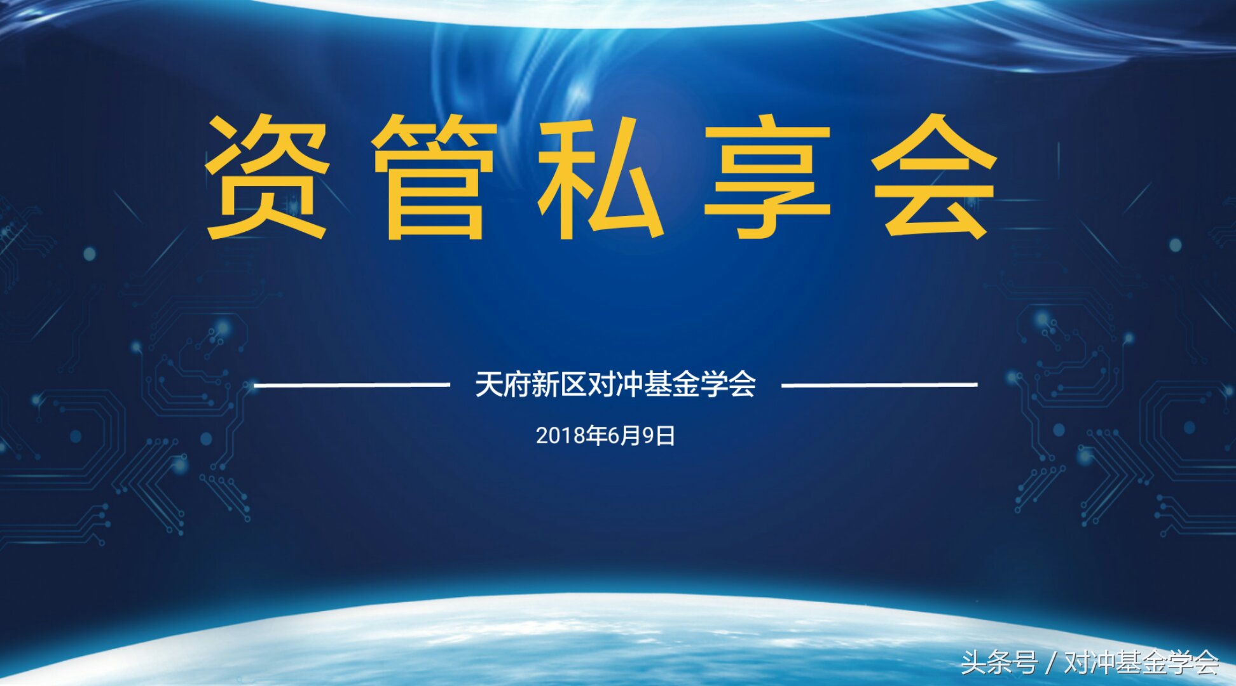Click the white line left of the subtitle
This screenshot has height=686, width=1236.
click(x=352, y=384)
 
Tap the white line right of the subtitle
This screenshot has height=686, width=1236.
click(x=879, y=384)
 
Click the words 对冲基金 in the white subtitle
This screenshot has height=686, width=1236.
click(x=643, y=384)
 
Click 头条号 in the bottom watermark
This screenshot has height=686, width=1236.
click(x=999, y=662)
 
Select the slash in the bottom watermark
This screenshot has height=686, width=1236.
click(x=1050, y=662)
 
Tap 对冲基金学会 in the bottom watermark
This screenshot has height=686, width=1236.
click(x=1141, y=662)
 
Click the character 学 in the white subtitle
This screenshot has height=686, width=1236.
click(x=713, y=384)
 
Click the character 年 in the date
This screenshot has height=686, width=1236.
click(x=596, y=436)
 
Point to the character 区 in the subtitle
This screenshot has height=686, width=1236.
click(x=573, y=384)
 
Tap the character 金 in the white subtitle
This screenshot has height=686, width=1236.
click(x=685, y=384)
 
